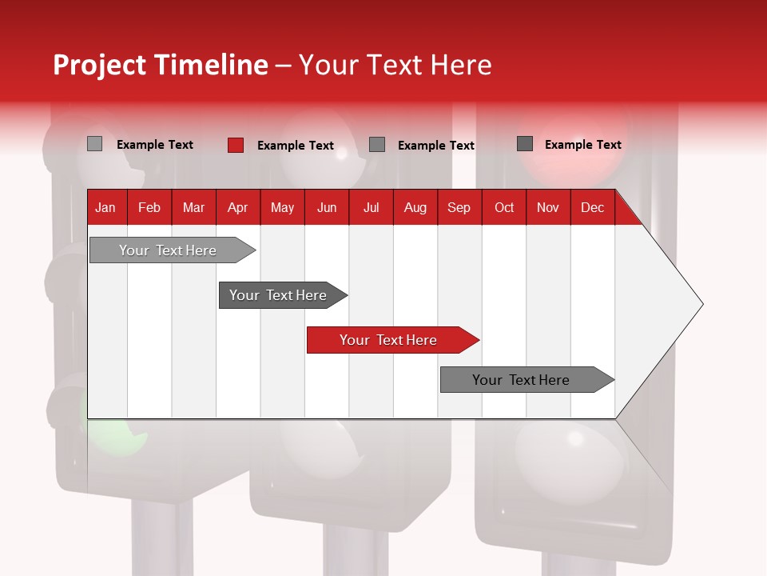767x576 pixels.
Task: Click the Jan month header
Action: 105,207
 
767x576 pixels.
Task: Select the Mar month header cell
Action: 193,207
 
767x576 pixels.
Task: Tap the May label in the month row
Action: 282,207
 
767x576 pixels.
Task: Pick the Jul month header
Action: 371,207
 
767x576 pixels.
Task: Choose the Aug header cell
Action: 415,207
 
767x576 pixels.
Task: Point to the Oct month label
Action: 503,207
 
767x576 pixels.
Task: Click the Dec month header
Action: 592,207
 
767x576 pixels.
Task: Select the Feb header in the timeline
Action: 149,207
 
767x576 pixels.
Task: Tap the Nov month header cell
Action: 547,207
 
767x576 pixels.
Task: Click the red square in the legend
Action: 236,145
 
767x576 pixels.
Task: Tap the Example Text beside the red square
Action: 296,146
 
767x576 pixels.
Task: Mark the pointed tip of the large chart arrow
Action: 701,304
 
